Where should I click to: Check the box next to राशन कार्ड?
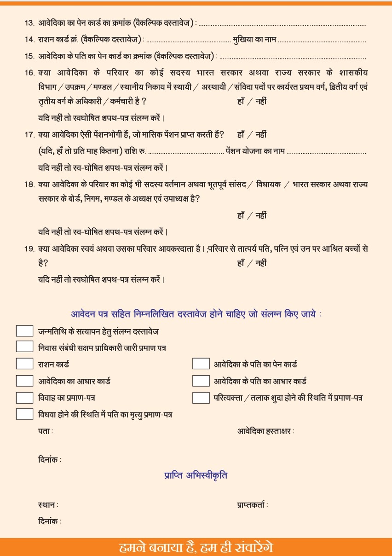pyautogui.click(x=24, y=364)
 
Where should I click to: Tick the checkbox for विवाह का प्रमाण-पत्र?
pyautogui.click(x=24, y=398)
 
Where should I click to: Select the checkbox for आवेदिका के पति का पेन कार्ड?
pyautogui.click(x=201, y=364)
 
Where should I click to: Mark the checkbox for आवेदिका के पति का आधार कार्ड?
pyautogui.click(x=201, y=381)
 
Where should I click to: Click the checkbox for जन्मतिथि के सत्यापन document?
pyautogui.click(x=24, y=331)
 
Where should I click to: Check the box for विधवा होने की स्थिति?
pyautogui.click(x=24, y=414)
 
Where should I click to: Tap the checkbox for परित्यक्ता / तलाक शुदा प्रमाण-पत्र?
pyautogui.click(x=201, y=398)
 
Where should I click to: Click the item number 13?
pyautogui.click(x=29, y=23)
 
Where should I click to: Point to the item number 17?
pyautogui.click(x=29, y=135)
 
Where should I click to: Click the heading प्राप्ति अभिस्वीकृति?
pyautogui.click(x=196, y=475)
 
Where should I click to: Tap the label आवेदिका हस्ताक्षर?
pyautogui.click(x=265, y=431)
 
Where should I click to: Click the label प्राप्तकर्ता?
pyautogui.click(x=253, y=505)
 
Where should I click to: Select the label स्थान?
pyautogui.click(x=48, y=505)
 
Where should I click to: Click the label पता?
pyautogui.click(x=46, y=431)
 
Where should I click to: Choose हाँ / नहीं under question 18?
pyautogui.click(x=252, y=215)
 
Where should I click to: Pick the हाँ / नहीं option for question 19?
pyautogui.click(x=252, y=263)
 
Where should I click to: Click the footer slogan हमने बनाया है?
pyautogui.click(x=196, y=547)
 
